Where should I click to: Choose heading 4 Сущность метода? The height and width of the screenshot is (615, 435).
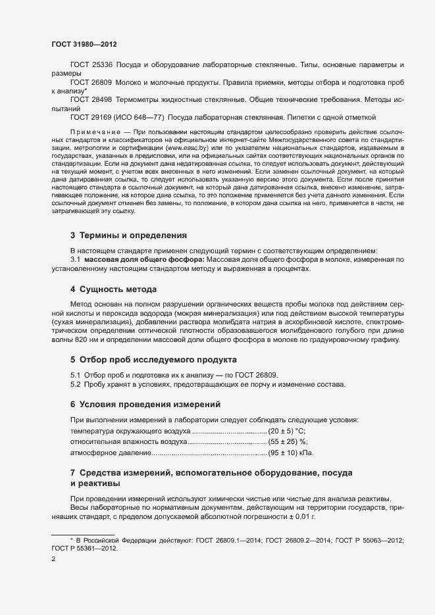pyautogui.click(x=113, y=289)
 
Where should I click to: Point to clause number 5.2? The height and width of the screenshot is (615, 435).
pyautogui.click(x=75, y=383)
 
